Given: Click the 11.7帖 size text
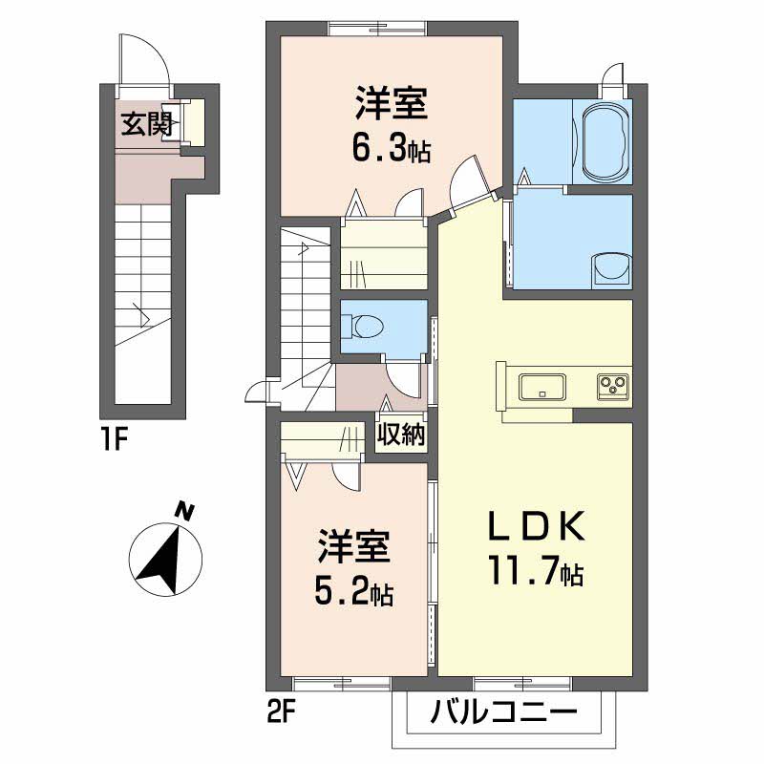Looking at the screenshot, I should tap(536, 573).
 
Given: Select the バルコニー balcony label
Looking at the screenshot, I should tap(502, 712).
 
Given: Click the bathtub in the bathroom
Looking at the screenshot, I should tap(605, 143).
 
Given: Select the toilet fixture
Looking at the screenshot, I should tap(368, 327).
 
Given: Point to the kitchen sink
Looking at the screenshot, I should tap(541, 387).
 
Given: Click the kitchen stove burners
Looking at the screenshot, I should tap(612, 386).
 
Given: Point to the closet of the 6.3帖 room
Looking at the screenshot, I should tap(382, 253).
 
